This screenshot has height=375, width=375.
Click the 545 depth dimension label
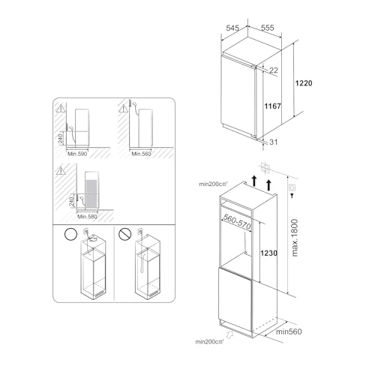tap(232, 28)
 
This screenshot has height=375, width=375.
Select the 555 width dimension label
tap(267, 28)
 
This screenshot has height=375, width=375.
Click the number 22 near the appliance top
tap(274, 70)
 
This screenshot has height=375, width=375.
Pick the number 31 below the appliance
tap(274, 143)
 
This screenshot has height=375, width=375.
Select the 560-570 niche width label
tap(238, 219)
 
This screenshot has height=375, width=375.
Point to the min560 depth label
tap(289, 331)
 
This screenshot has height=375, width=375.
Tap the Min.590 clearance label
tap(78, 153)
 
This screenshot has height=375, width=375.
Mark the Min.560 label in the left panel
tap(142, 153)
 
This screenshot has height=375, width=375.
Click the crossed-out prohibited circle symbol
tap(125, 233)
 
